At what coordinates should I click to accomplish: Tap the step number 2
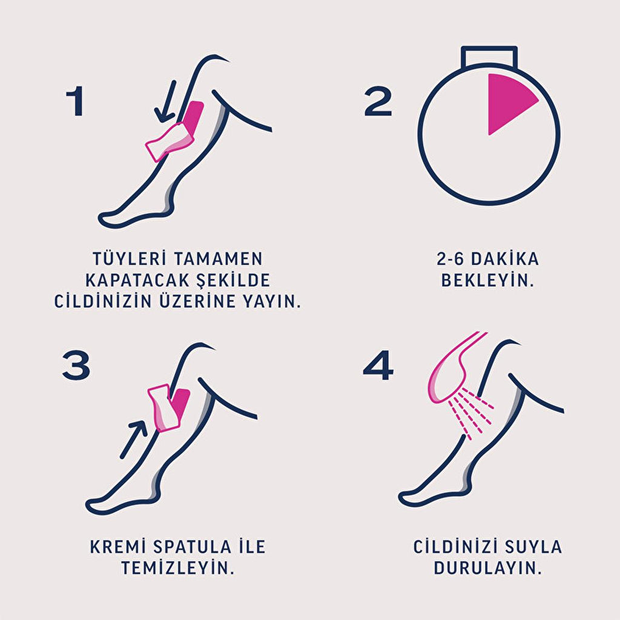pos(378,102)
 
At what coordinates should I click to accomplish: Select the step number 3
pos(76,366)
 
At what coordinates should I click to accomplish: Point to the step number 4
pos(378,366)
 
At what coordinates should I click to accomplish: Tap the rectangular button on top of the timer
pos(489,55)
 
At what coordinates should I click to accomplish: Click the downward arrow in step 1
pos(166,101)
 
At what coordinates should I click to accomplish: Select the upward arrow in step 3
pos(134,439)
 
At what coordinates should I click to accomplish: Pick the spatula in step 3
pos(164,407)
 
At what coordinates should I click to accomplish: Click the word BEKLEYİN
pos(487,280)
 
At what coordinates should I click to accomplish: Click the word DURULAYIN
pos(487,568)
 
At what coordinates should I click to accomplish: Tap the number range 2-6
pos(450,259)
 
